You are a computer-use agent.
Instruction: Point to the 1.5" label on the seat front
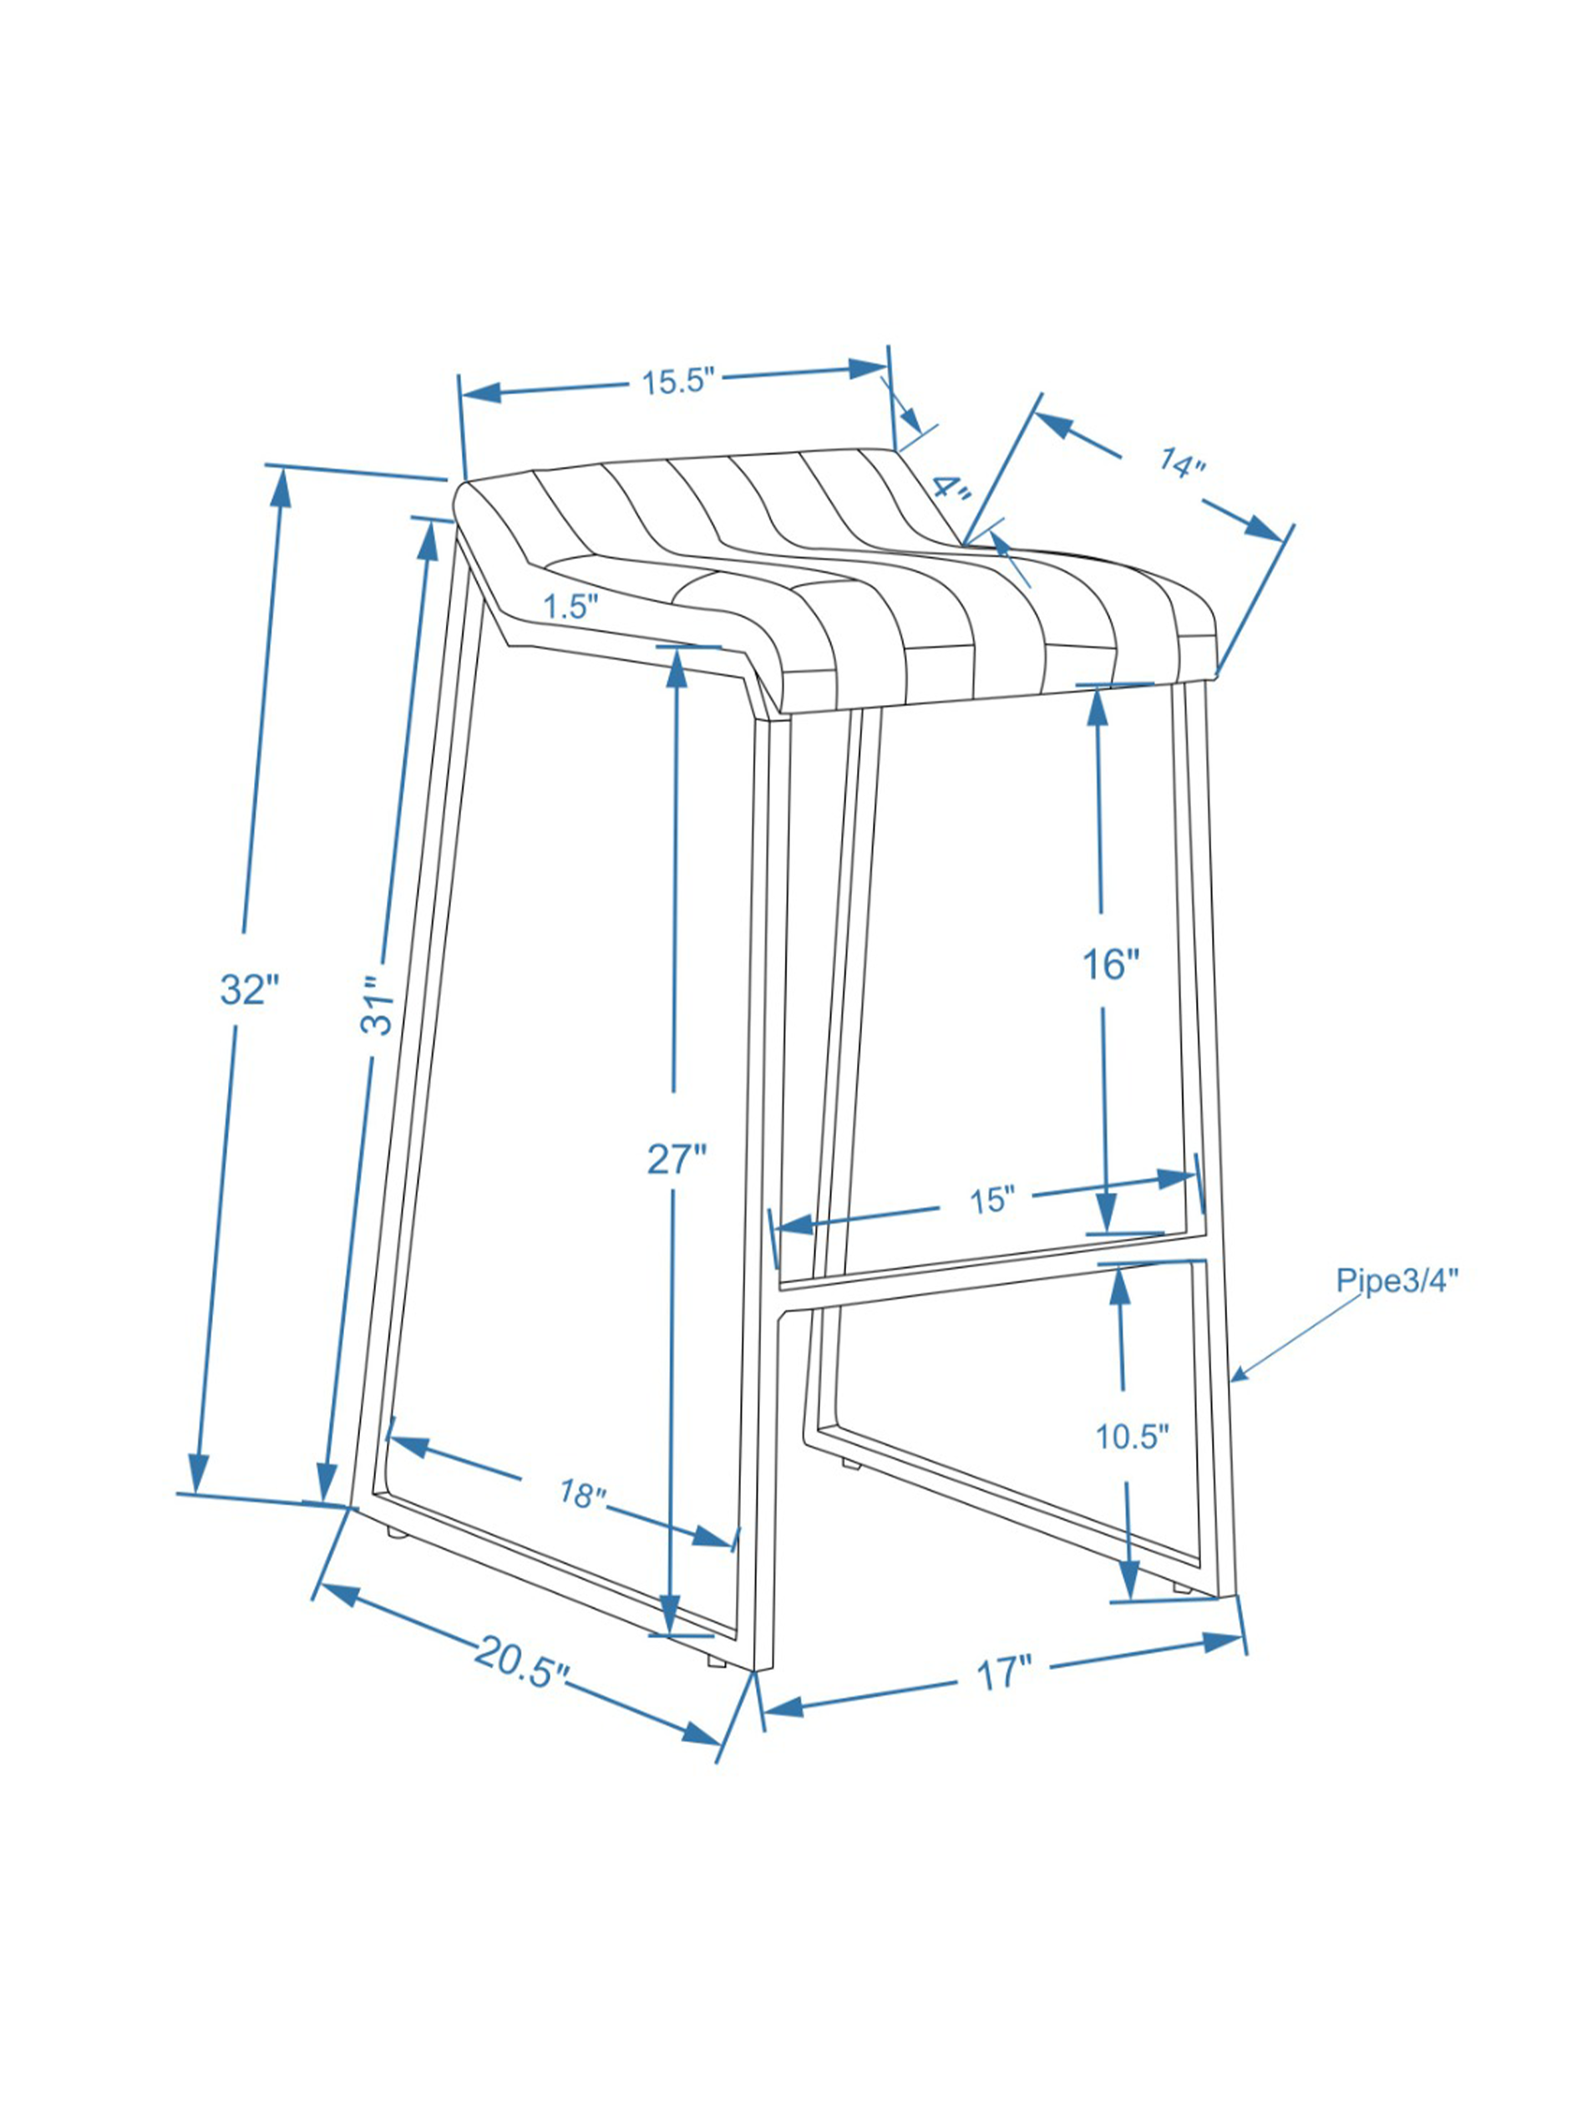pyautogui.click(x=570, y=606)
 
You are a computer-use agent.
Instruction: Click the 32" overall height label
pyautogui.click(x=248, y=990)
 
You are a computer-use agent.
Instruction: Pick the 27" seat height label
pyautogui.click(x=676, y=1159)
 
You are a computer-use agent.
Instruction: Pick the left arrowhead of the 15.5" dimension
pyautogui.click(x=482, y=392)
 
